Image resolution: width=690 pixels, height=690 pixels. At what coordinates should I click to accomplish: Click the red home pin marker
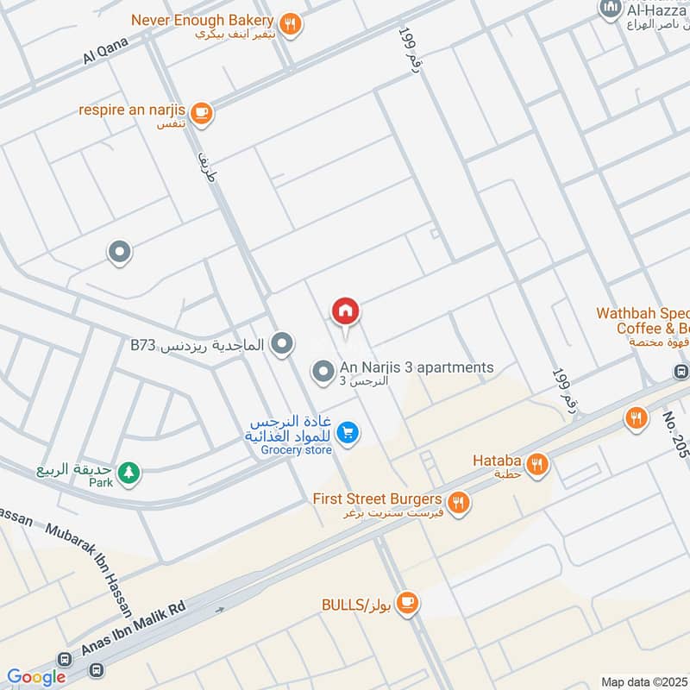(346, 311)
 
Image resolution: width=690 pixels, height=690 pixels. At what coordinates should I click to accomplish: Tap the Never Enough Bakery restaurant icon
(291, 24)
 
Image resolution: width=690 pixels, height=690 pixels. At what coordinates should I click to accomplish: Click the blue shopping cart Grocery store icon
(348, 432)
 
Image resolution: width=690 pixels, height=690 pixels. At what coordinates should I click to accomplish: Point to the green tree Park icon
(129, 472)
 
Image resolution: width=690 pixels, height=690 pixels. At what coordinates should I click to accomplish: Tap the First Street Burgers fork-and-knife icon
(458, 501)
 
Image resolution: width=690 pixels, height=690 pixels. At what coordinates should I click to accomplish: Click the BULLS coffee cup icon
(409, 605)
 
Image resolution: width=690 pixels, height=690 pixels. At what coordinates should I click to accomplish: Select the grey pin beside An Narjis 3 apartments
(323, 372)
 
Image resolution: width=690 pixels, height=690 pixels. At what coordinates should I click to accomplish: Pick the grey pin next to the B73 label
(280, 345)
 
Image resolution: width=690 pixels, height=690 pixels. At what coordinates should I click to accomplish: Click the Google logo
(37, 678)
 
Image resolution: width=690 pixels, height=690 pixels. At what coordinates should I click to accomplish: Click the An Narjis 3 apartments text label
(417, 367)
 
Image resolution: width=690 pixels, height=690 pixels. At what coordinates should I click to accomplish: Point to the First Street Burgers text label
(377, 499)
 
